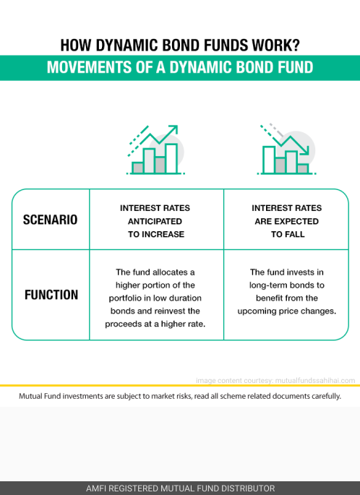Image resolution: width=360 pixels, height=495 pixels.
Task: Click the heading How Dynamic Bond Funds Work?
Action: pyautogui.click(x=180, y=45)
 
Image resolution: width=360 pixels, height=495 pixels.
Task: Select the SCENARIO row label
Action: pyautogui.click(x=50, y=220)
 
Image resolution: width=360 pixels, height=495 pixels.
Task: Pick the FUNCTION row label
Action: pyautogui.click(x=51, y=295)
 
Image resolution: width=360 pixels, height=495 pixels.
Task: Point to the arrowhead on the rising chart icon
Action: pyautogui.click(x=173, y=129)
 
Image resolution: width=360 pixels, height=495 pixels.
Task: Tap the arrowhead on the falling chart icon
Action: pyautogui.click(x=305, y=150)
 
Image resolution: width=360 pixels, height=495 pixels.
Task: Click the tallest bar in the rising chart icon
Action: pyautogui.click(x=171, y=158)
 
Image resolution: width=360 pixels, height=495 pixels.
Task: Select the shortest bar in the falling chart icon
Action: pyautogui.click(x=303, y=168)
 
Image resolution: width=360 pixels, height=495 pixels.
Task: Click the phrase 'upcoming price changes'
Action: pyautogui.click(x=286, y=311)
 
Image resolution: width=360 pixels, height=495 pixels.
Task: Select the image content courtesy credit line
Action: pyautogui.click(x=275, y=380)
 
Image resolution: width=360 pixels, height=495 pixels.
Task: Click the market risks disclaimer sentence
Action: pyautogui.click(x=180, y=396)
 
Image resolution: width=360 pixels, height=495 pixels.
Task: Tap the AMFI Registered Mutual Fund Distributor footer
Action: pyautogui.click(x=180, y=488)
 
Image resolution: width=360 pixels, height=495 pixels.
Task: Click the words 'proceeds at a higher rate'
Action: pyautogui.click(x=155, y=324)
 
